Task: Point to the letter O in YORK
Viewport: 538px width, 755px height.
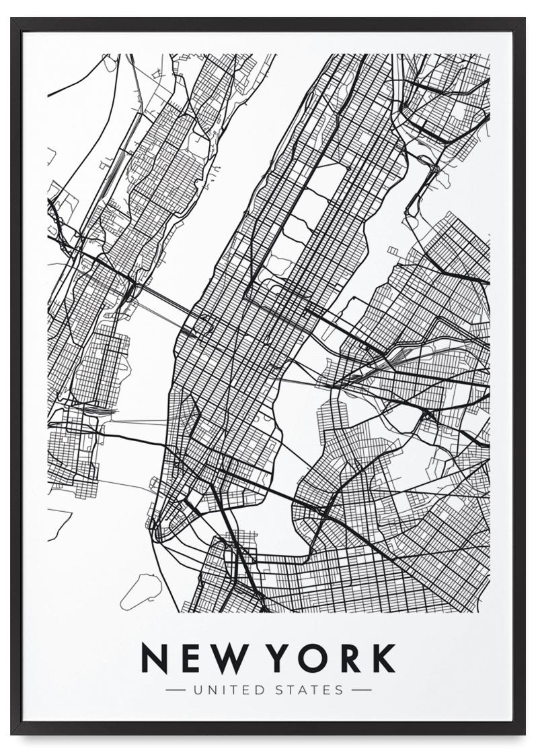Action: click(317, 659)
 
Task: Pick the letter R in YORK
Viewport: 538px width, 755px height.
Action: click(351, 659)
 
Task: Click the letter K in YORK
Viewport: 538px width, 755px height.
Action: click(383, 659)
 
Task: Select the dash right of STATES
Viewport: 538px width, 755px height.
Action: click(361, 690)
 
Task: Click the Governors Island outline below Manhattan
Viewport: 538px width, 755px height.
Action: click(141, 589)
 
